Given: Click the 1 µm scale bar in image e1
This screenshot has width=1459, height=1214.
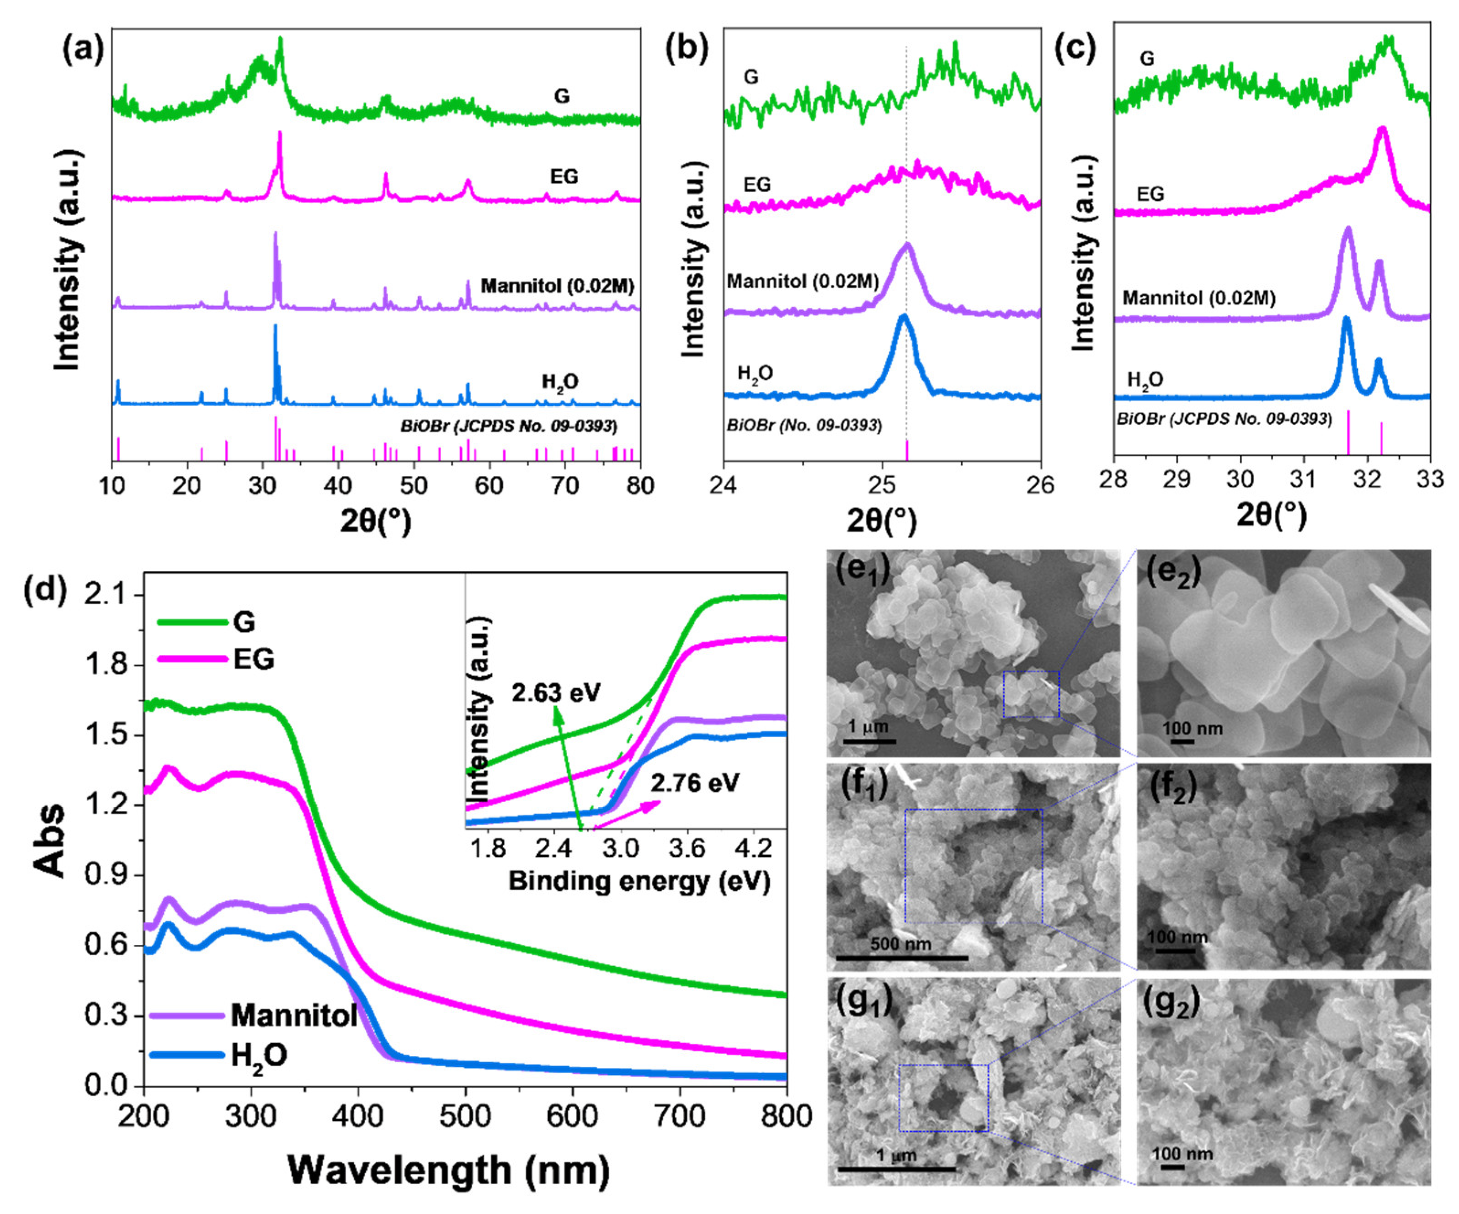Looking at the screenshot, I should click(x=868, y=741).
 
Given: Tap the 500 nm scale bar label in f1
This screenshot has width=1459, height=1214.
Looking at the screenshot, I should click(x=900, y=944).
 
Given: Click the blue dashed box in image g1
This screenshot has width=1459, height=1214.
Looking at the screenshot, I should click(x=943, y=1098).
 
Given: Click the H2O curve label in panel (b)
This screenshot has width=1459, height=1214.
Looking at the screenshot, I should click(x=755, y=374).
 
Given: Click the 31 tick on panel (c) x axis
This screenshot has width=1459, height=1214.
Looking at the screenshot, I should click(x=1304, y=479).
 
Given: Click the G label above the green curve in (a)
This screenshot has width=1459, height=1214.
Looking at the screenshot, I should click(x=561, y=96).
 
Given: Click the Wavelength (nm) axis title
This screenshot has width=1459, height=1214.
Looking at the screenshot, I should click(x=448, y=1170).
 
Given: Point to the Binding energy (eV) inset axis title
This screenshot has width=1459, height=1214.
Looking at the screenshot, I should click(x=639, y=881).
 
